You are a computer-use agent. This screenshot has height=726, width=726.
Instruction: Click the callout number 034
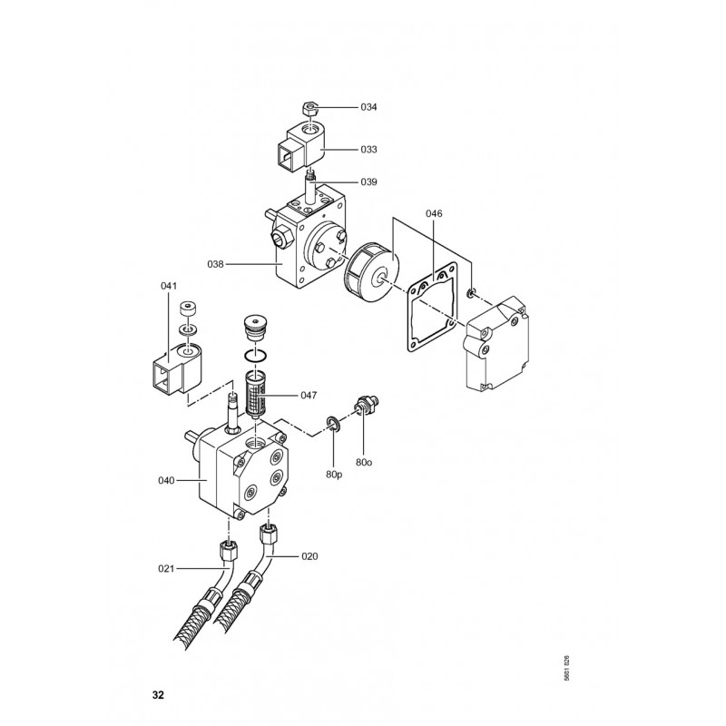tap(368, 107)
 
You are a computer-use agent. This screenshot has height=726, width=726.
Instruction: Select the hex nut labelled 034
tap(309, 109)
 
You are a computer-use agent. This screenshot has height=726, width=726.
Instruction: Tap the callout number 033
tap(368, 150)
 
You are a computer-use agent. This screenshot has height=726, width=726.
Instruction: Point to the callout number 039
tap(368, 182)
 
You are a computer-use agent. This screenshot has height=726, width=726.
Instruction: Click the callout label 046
tap(434, 213)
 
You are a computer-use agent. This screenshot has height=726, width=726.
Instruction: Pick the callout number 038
tap(215, 264)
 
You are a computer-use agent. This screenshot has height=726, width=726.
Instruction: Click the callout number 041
tap(169, 286)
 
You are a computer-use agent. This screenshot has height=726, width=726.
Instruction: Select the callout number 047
tap(309, 396)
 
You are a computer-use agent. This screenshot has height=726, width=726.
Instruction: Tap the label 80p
tap(334, 475)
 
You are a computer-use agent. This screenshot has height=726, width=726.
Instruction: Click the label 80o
tap(364, 462)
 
